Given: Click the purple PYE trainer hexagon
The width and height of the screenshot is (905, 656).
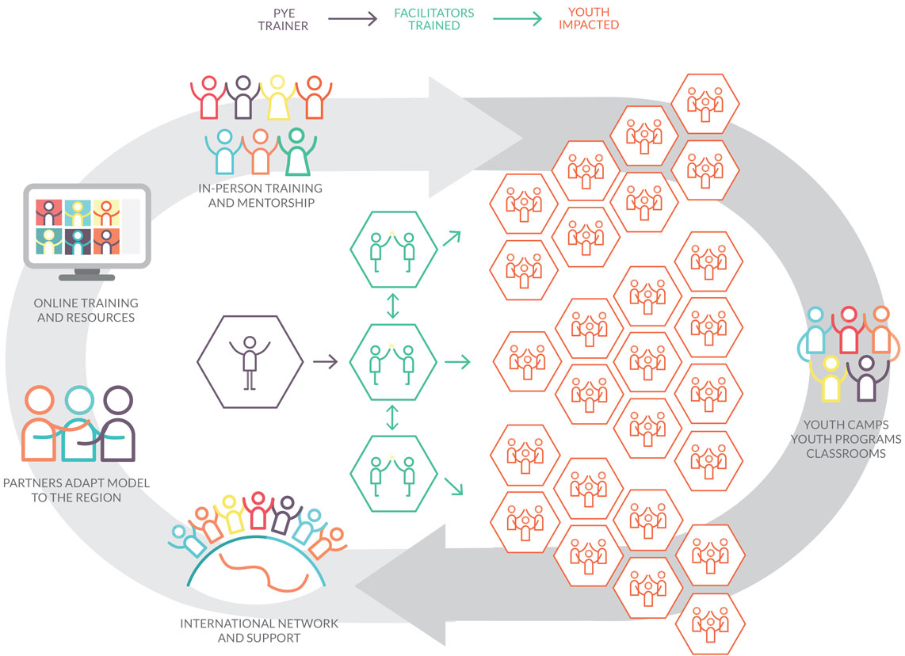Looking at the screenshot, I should (x=250, y=362).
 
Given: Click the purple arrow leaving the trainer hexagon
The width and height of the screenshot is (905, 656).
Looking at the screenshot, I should (x=326, y=362).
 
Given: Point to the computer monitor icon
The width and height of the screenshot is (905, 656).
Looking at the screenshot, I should (x=87, y=231).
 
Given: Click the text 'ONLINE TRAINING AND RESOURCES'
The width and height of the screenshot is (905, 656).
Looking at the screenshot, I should (x=86, y=310).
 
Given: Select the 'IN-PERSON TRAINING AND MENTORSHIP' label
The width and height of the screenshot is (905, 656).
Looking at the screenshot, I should (x=261, y=196).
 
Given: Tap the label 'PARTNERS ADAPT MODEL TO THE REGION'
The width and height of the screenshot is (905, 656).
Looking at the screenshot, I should (x=76, y=490).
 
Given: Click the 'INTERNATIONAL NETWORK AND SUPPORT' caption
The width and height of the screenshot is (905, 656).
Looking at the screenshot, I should (x=259, y=630).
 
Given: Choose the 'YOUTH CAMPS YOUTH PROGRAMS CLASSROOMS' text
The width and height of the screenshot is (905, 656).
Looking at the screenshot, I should (x=846, y=439).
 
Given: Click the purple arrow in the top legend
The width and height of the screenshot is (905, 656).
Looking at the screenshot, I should (x=353, y=19).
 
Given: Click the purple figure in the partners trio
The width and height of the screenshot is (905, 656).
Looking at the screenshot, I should (x=117, y=424).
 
